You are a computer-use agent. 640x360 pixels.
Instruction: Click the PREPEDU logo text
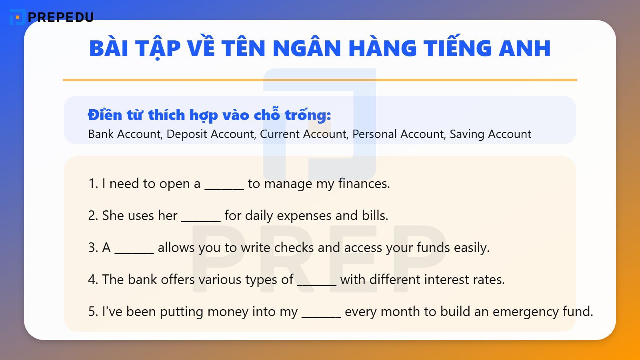click(61, 17)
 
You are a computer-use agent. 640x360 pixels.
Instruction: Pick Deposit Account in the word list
click(210, 134)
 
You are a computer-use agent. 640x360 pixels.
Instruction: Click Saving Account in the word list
click(490, 134)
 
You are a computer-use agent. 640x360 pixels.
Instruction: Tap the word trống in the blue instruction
click(308, 115)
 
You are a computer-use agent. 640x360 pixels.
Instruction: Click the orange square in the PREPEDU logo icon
click(17, 18)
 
